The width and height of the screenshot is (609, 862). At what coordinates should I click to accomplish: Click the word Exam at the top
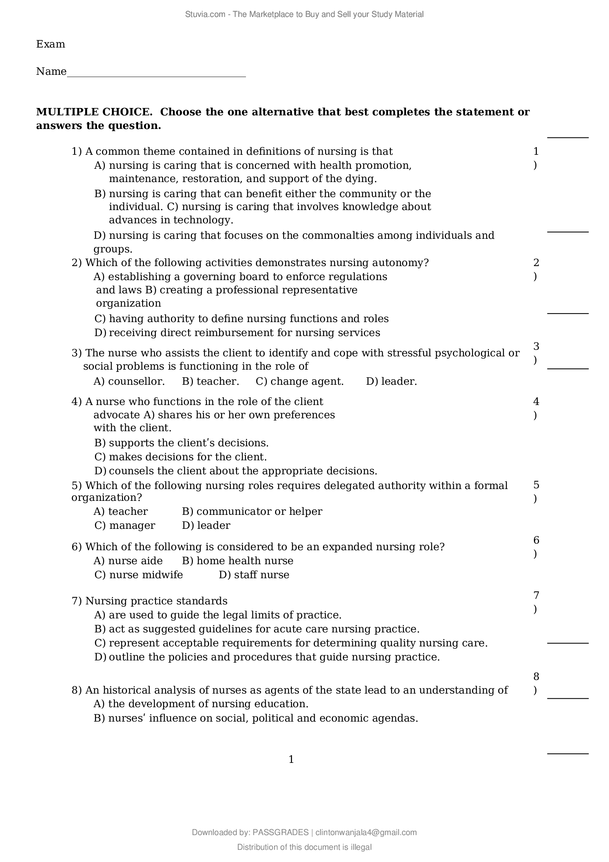(50, 44)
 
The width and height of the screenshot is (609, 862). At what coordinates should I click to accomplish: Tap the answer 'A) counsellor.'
(129, 381)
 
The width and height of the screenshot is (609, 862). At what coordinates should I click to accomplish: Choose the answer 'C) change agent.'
(300, 381)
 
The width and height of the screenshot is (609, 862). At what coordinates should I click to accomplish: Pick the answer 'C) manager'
(124, 525)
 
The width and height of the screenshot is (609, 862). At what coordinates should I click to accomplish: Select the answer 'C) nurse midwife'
(138, 575)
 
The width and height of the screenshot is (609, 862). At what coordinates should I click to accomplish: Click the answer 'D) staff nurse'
(254, 575)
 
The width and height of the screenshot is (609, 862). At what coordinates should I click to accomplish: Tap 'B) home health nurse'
(237, 561)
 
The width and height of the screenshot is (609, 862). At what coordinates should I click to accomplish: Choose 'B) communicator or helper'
(252, 512)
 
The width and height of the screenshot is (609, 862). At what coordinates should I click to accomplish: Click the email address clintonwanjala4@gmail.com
(366, 833)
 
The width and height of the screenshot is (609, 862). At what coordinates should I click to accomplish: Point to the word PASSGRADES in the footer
(281, 833)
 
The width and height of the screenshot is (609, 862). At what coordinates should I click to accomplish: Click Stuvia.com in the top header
(205, 14)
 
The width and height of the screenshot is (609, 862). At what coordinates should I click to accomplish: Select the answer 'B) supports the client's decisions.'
(182, 443)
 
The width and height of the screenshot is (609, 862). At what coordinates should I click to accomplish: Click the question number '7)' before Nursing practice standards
(77, 601)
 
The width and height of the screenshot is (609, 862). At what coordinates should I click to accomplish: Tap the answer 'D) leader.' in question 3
(391, 381)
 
